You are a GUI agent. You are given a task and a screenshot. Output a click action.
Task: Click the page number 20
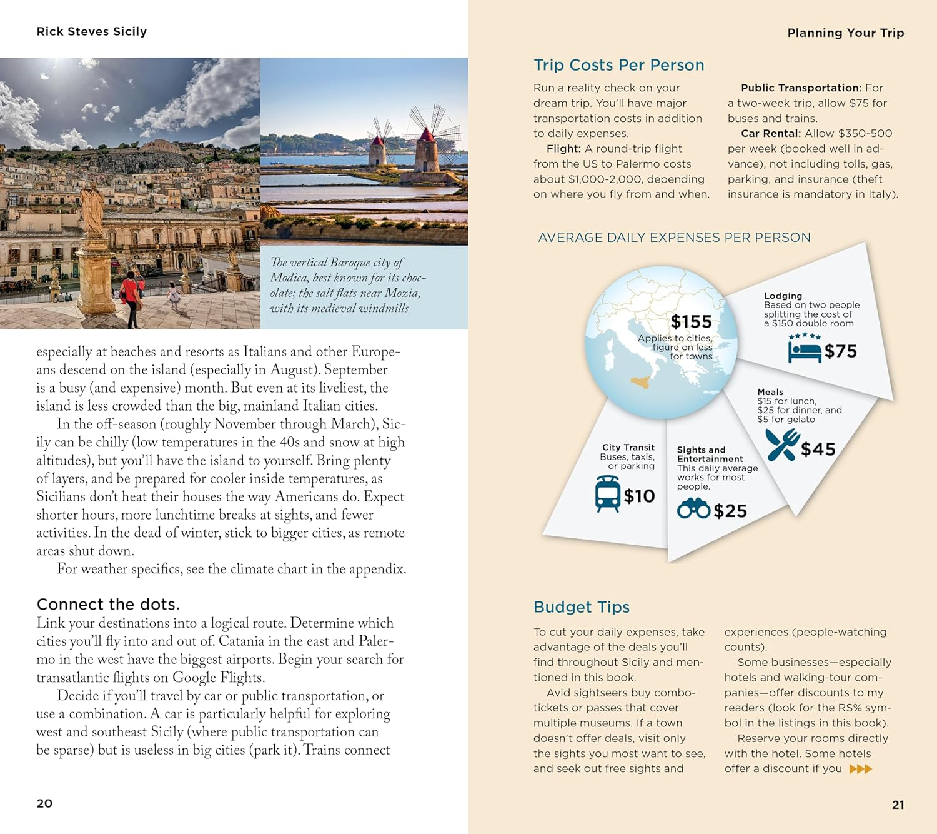click(44, 803)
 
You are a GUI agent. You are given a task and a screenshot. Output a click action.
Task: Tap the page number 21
click(898, 805)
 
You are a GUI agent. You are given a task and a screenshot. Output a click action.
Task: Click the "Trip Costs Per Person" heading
click(618, 65)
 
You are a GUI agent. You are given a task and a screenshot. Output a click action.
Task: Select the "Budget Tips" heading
click(581, 607)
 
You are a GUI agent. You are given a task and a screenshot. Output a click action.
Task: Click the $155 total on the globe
click(691, 321)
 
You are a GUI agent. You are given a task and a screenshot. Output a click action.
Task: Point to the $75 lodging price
click(840, 351)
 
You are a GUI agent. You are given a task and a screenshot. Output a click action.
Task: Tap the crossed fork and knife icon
click(782, 445)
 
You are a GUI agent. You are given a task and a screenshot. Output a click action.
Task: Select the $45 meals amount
click(818, 449)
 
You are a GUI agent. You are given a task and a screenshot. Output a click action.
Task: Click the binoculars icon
click(693, 509)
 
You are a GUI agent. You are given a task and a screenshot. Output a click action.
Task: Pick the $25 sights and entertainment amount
click(730, 511)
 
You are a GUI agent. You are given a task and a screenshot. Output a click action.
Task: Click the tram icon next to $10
click(608, 494)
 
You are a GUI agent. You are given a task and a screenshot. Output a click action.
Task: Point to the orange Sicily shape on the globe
click(640, 381)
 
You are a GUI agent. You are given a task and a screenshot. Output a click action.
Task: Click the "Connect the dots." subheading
click(108, 605)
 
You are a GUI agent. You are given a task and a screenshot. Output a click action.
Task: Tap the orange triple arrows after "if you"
click(860, 769)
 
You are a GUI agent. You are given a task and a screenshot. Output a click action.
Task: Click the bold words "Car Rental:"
click(770, 133)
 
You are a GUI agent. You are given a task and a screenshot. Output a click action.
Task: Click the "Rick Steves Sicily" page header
click(92, 31)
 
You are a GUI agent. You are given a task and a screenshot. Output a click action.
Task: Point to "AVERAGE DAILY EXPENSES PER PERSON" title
click(674, 238)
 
